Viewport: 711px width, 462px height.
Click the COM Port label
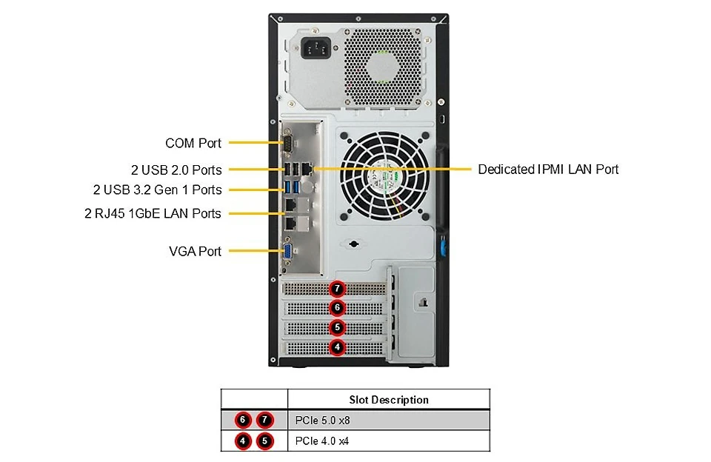point(193,144)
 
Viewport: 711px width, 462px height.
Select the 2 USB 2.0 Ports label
point(176,170)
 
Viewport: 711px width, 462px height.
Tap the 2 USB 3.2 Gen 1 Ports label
point(157,190)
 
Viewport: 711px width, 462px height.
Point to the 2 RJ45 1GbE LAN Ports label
point(153,213)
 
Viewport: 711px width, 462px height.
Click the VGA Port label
point(195,251)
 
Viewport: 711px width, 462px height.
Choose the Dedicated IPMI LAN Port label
point(548,169)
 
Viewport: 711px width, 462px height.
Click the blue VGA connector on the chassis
point(287,251)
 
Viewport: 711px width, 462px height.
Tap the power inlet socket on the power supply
point(316,47)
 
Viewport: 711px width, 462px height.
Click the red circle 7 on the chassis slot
point(337,288)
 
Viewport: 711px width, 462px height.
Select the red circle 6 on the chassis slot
point(337,308)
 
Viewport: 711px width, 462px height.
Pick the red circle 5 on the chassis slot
point(337,327)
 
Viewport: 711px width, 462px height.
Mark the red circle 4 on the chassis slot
point(337,347)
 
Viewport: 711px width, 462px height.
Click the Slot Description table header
point(389,400)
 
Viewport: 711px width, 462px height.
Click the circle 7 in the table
point(265,421)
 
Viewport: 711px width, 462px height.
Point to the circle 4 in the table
point(243,441)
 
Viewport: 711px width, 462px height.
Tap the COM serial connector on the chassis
point(287,143)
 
